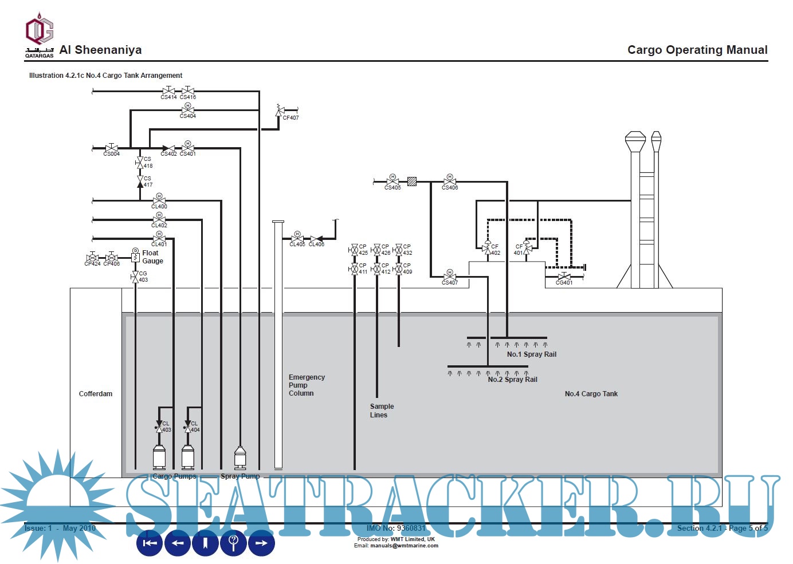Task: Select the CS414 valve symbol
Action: click(168, 91)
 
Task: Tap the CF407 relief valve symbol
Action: click(280, 110)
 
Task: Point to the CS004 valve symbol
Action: click(112, 148)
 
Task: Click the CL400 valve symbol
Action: click(159, 200)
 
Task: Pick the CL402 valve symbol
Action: click(159, 219)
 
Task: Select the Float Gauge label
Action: click(152, 257)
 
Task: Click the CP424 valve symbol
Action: click(92, 258)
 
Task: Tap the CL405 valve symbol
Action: click(297, 238)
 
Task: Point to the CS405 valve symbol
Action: click(392, 182)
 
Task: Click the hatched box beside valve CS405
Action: click(412, 182)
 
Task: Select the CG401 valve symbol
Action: click(564, 277)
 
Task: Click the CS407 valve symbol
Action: click(450, 277)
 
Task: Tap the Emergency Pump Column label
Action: click(307, 385)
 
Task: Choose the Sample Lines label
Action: click(382, 411)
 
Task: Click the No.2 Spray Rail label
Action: click(512, 380)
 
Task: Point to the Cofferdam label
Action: click(96, 394)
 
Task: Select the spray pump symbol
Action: click(240, 458)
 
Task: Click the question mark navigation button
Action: click(233, 543)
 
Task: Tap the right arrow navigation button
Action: click(261, 543)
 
